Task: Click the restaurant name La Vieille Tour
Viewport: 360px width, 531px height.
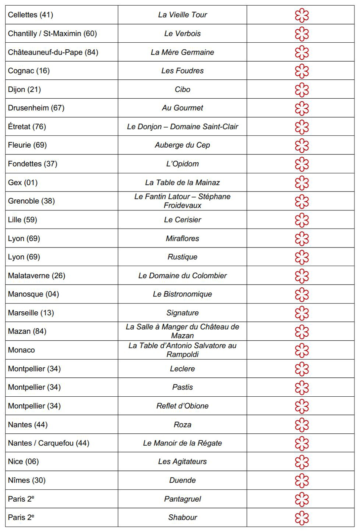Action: [x=182, y=15]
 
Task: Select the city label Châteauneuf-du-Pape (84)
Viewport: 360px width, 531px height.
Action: [x=53, y=52]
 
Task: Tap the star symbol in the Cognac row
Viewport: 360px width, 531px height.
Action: [x=302, y=71]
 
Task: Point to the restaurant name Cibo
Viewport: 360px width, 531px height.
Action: [x=182, y=89]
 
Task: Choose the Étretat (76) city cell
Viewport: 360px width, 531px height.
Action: [x=27, y=127]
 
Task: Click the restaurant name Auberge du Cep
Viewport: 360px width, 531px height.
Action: [x=182, y=145]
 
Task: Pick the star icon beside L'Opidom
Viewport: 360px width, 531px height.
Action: [x=302, y=164]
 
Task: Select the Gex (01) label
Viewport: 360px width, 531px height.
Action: [x=23, y=183]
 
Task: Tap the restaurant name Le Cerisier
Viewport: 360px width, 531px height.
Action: [x=182, y=220]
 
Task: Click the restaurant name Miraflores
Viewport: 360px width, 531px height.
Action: [x=182, y=239]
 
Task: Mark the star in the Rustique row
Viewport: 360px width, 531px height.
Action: [x=302, y=258]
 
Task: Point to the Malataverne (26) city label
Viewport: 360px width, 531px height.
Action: [x=36, y=276]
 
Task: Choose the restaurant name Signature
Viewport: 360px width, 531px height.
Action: [x=182, y=313]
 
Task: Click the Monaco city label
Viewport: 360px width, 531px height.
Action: [x=22, y=350]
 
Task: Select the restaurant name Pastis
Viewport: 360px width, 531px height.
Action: [x=182, y=387]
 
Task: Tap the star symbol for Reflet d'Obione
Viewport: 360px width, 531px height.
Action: [x=302, y=406]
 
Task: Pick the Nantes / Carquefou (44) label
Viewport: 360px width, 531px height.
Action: [x=49, y=443]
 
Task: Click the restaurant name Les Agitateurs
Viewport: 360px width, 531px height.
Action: [x=182, y=462]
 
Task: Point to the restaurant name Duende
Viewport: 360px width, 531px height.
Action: [x=182, y=481]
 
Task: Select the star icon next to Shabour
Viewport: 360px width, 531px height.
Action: [x=302, y=518]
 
